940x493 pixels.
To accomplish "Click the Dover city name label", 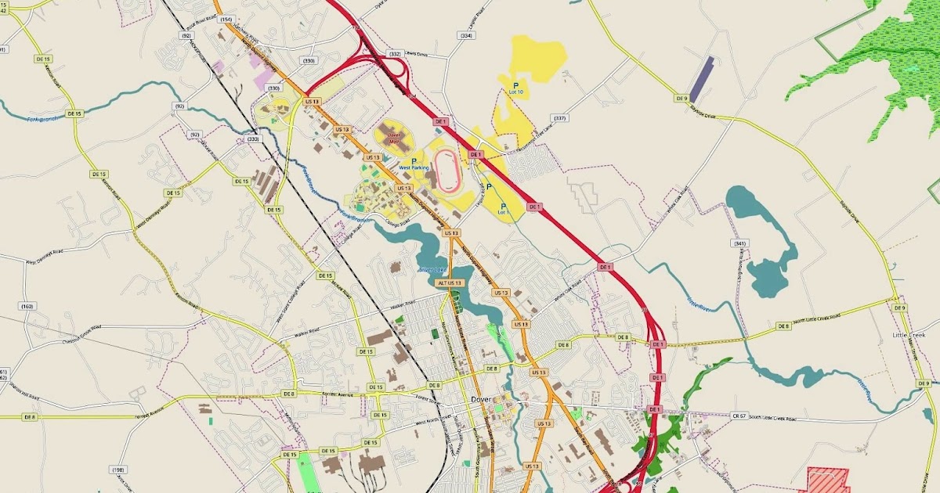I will (x=481, y=398).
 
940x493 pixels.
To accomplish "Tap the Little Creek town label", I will (x=909, y=335).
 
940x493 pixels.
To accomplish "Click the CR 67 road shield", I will (x=738, y=416).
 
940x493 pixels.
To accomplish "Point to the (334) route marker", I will (x=467, y=36).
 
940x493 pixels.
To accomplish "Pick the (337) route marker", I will (x=559, y=118).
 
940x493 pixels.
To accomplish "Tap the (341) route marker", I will (x=739, y=243).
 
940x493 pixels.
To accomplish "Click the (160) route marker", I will (x=28, y=306).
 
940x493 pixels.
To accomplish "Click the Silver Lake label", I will (x=432, y=270).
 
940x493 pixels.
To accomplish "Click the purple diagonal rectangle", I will (x=701, y=80).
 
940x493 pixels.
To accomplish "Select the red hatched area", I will (x=828, y=479).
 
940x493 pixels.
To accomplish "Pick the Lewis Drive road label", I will (x=417, y=54).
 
